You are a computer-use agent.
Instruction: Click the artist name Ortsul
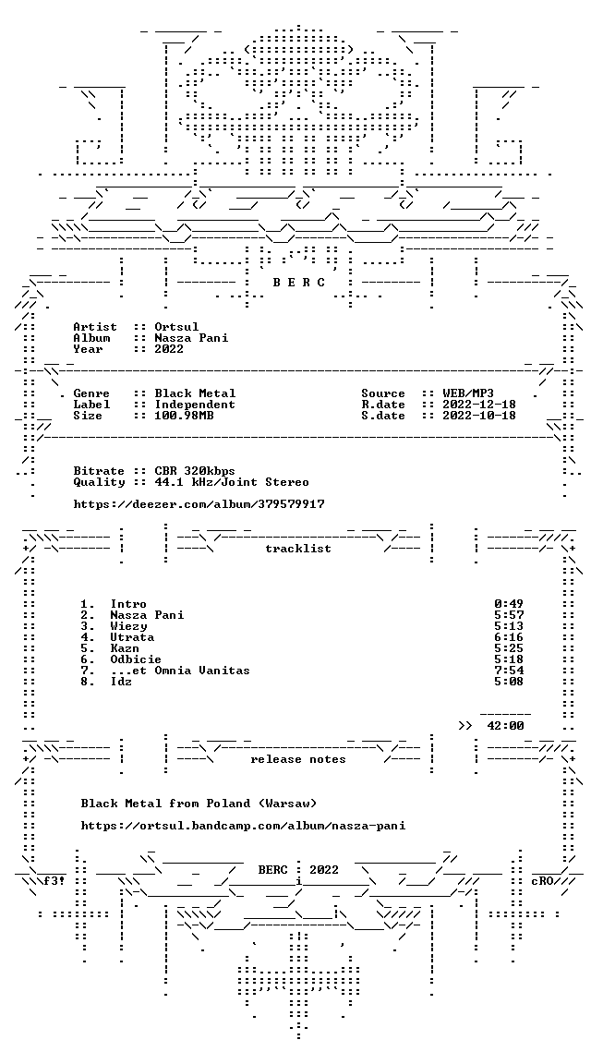(x=176, y=327)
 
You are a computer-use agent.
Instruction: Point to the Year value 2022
(x=169, y=349)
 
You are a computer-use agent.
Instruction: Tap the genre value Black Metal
(x=196, y=393)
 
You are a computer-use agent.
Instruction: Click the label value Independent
(x=196, y=405)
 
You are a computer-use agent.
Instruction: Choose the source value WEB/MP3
(x=468, y=393)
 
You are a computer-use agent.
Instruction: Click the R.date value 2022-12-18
(x=479, y=405)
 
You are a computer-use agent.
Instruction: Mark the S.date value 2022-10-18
(x=479, y=416)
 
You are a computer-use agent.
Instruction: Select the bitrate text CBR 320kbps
(x=195, y=471)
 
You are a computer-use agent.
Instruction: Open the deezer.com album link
(x=199, y=504)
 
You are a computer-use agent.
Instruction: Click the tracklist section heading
(x=298, y=549)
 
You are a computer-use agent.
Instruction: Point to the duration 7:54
(x=509, y=671)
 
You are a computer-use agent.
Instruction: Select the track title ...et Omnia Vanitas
(x=180, y=671)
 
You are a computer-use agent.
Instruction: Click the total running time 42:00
(x=505, y=725)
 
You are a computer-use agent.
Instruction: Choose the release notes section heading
(x=298, y=759)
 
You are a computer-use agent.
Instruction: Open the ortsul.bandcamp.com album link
(x=243, y=826)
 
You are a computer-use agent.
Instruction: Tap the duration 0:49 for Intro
(x=509, y=604)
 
